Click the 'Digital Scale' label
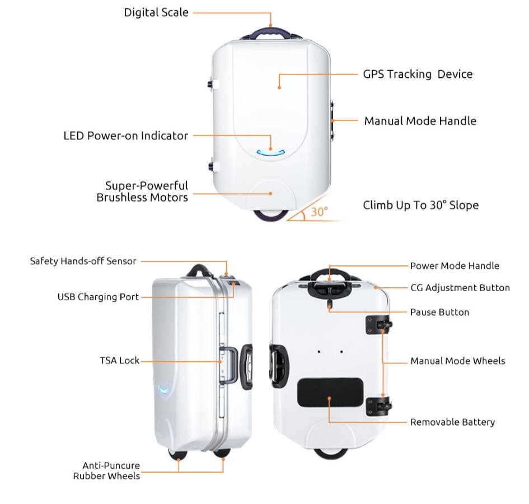(156, 12)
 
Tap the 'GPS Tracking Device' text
(418, 74)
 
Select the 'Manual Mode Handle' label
(420, 121)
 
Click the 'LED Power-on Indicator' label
(125, 136)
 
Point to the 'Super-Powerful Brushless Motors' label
(142, 192)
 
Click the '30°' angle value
(319, 212)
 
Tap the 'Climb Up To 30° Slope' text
(420, 205)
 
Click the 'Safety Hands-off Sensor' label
(83, 261)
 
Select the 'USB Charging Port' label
(98, 297)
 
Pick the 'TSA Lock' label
(119, 361)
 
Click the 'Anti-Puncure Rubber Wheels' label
(106, 470)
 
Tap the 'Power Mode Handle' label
(454, 266)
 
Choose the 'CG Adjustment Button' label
(460, 288)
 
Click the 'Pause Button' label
(439, 312)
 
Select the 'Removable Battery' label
(452, 422)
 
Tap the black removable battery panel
(330, 392)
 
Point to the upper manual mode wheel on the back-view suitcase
(379, 325)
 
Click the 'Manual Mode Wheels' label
(457, 361)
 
